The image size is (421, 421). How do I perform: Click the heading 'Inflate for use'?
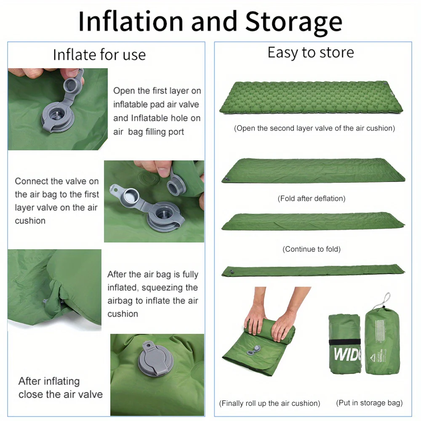(x=99, y=55)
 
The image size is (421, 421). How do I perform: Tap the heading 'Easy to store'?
(x=311, y=52)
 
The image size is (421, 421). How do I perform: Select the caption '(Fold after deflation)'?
(x=312, y=198)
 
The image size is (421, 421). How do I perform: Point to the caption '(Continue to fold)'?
(x=312, y=249)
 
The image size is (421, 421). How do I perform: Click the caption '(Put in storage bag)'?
(x=370, y=403)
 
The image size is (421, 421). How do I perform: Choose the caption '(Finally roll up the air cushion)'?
(x=269, y=403)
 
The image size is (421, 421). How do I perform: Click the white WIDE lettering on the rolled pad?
(x=347, y=354)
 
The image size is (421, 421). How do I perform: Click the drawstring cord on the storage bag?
(x=385, y=300)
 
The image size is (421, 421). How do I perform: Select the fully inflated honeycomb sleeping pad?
(x=311, y=97)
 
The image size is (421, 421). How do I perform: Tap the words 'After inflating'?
(x=49, y=381)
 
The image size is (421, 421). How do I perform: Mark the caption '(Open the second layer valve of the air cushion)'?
(x=314, y=128)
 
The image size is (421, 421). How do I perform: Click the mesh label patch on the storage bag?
(x=380, y=331)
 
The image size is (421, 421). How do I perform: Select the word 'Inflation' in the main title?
(x=131, y=21)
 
